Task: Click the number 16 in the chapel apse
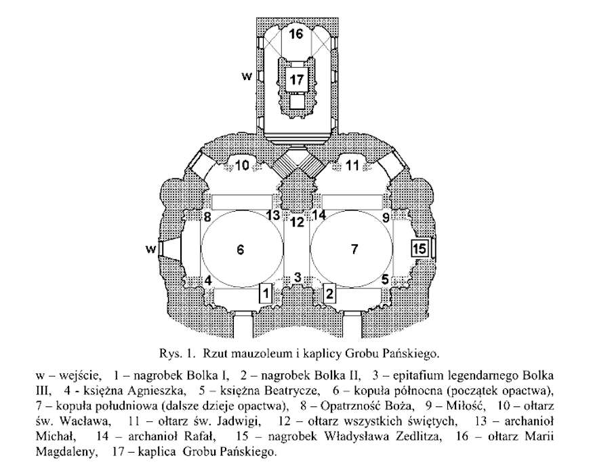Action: [296, 34]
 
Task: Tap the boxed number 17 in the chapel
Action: [297, 79]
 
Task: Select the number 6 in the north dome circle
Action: [241, 250]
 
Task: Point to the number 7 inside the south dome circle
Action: [354, 249]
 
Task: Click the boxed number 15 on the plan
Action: [420, 248]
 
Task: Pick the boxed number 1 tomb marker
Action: [266, 292]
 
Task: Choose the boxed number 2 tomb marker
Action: [330, 292]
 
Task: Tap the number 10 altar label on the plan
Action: [243, 166]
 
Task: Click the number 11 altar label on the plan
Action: [352, 166]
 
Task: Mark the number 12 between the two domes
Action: [298, 222]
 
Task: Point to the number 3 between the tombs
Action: [298, 278]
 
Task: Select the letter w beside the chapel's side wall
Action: [247, 77]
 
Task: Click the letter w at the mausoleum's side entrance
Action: [150, 249]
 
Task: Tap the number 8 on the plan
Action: [207, 217]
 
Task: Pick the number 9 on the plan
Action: [386, 217]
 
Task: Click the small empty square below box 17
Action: [297, 101]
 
